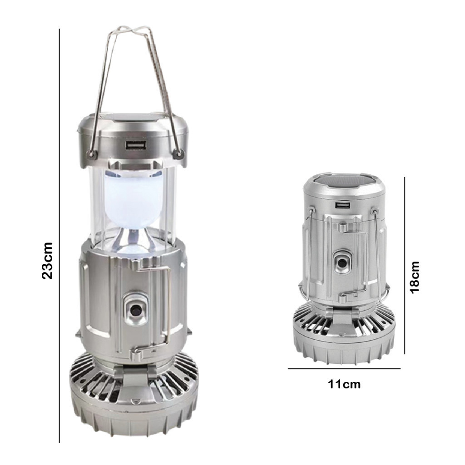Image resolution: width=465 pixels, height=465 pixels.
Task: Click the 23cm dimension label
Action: (x=47, y=260)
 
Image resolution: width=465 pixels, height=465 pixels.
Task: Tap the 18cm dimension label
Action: (x=414, y=277)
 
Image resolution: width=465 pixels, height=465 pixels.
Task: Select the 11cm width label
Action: (x=344, y=384)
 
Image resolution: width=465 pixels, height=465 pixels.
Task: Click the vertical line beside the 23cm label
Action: (x=59, y=236)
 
